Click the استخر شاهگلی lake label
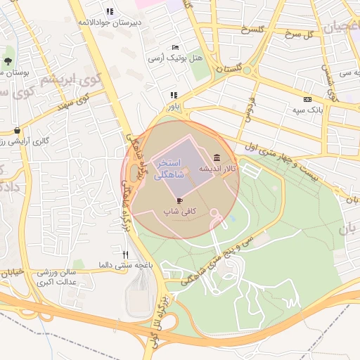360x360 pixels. (168, 167)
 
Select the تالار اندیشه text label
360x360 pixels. (219, 169)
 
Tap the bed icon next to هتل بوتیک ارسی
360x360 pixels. (175, 46)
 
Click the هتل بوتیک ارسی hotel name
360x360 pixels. (166, 58)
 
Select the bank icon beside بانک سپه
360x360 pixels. (307, 99)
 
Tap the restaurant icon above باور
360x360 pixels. (173, 95)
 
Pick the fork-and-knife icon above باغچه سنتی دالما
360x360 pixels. (126, 255)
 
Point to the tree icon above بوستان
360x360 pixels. (8, 61)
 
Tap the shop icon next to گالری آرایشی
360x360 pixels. (17, 130)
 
